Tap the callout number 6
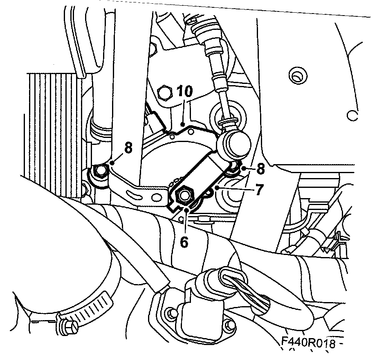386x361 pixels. pos(184,242)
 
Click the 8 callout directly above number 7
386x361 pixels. pos(260,169)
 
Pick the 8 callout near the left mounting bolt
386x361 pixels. pos(128,148)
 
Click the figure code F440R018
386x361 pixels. pos(308,342)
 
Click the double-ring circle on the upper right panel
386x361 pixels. pos(297,75)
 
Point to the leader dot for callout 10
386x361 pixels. pos(182,124)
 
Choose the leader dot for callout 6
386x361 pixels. pos(188,210)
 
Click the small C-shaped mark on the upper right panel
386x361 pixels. pos(352,115)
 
